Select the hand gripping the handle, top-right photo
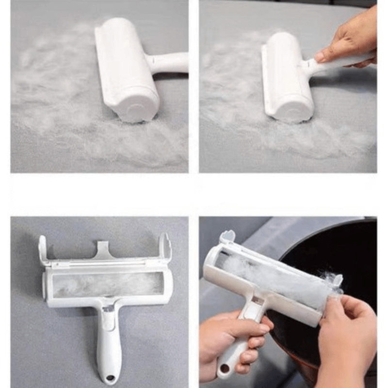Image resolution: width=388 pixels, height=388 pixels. click(x=347, y=44)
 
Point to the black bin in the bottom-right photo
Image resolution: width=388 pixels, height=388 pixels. click(x=335, y=257)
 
